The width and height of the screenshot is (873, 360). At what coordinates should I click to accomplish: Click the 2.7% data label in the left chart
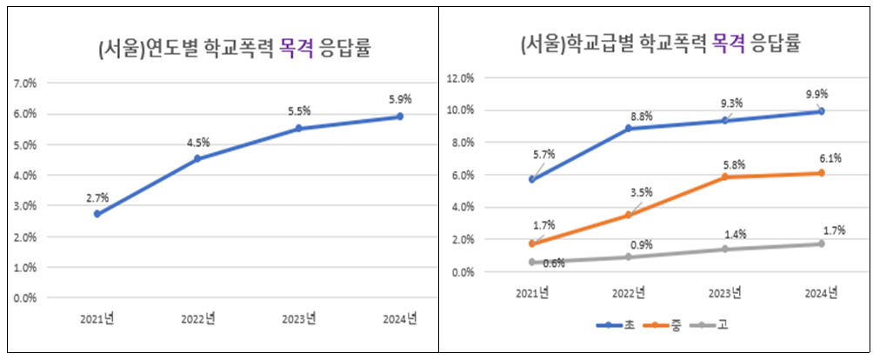point(97,198)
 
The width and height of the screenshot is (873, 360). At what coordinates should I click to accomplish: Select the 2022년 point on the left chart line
point(197,158)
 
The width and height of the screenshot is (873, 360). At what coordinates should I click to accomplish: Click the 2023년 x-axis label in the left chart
point(299,317)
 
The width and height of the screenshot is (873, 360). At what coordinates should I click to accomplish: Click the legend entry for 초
point(616,325)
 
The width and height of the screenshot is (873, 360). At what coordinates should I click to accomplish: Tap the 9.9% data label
point(816,94)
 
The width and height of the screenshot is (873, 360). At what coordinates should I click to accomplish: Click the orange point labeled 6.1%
point(820,173)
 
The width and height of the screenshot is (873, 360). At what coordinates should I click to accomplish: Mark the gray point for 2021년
point(532,262)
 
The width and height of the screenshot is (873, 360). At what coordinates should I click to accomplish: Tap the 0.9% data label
point(642,245)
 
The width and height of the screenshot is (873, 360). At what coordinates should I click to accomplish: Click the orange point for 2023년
point(724,177)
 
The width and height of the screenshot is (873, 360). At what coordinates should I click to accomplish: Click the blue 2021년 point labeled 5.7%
point(532,179)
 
